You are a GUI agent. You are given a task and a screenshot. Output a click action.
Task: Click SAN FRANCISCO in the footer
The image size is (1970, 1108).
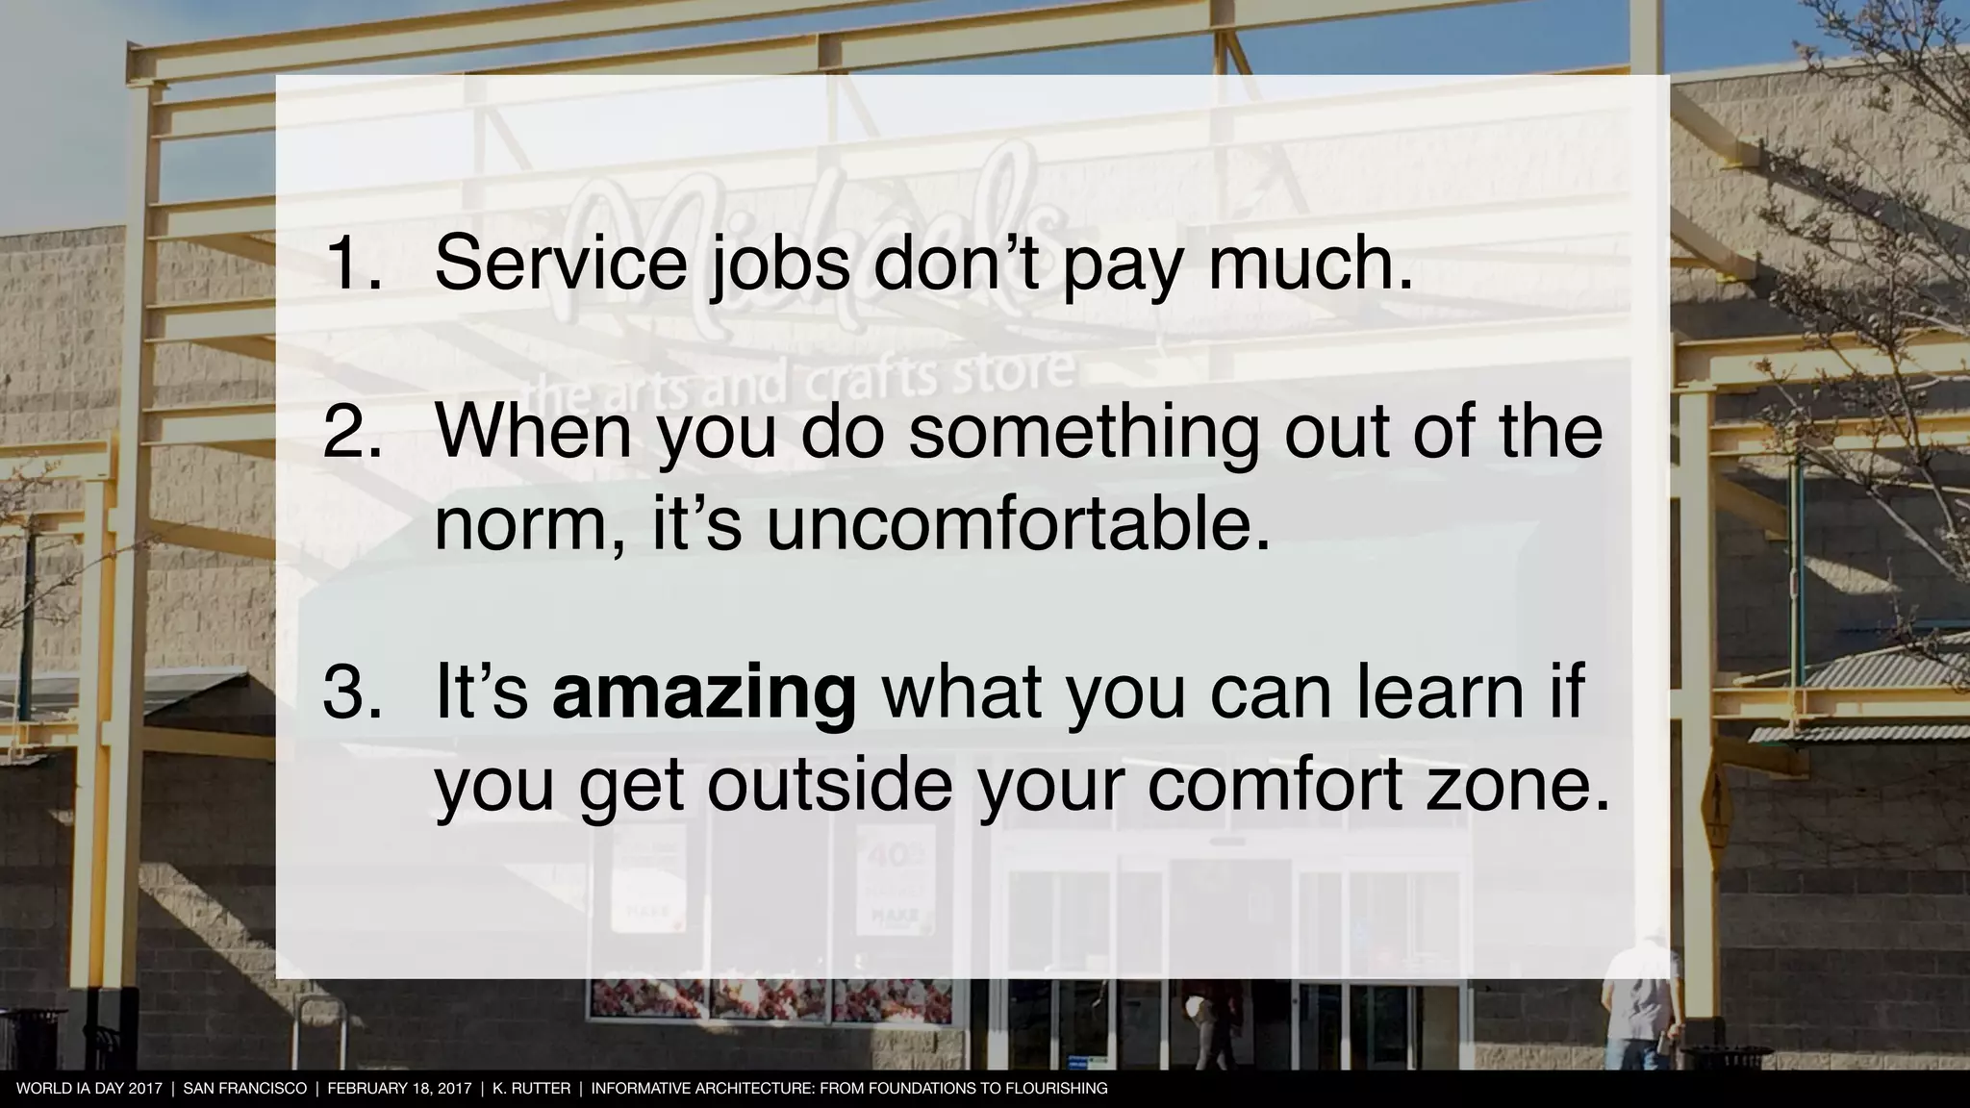(244, 1089)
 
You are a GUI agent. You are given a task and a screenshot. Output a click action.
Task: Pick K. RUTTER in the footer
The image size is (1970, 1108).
(531, 1089)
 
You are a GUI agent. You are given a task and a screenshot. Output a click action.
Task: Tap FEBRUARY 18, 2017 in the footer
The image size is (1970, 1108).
(399, 1089)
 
